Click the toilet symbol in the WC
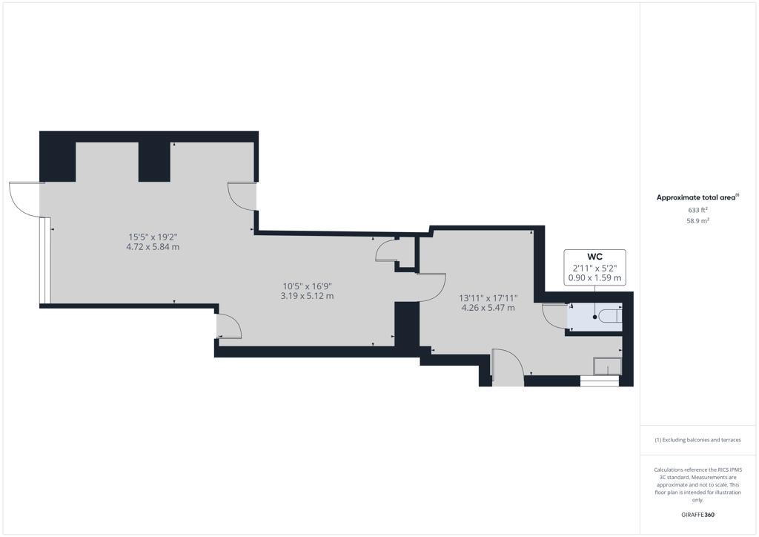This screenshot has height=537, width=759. (x=609, y=317)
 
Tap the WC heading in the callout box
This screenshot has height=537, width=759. (x=594, y=257)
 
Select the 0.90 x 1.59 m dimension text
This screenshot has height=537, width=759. (x=594, y=278)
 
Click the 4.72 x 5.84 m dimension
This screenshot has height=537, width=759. (x=153, y=247)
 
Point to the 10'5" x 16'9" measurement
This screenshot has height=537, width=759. (x=308, y=286)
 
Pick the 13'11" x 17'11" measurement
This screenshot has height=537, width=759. (x=488, y=298)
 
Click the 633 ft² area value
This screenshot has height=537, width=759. (x=697, y=210)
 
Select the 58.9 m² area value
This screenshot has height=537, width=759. (x=697, y=221)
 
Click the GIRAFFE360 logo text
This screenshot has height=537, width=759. (x=697, y=515)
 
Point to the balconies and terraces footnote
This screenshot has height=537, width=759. (x=697, y=440)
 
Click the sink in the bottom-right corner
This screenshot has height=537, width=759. (x=607, y=366)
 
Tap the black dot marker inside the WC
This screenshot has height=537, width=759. (x=594, y=317)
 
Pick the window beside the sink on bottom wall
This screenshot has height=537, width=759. (x=598, y=381)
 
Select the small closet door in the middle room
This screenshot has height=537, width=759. (x=387, y=251)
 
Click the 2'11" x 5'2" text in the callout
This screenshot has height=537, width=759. (x=594, y=268)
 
